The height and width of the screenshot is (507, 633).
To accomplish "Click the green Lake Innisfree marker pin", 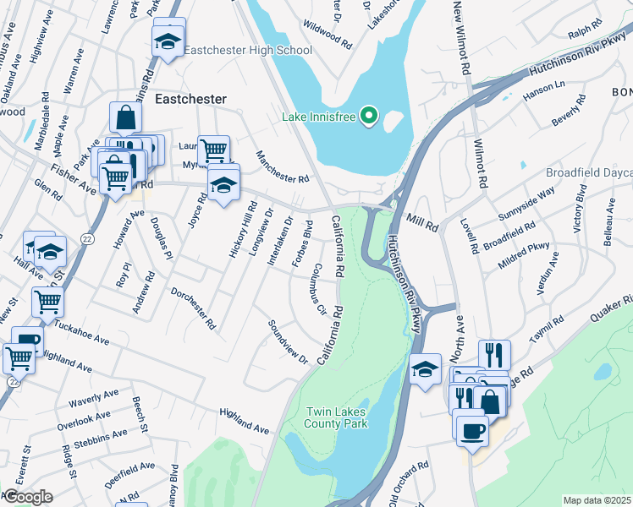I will click(x=368, y=116).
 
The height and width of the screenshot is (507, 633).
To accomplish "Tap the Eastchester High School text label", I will click(x=248, y=51).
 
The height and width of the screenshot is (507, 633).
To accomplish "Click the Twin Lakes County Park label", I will click(x=337, y=417).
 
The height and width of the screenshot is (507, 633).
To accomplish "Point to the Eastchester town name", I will click(x=190, y=99).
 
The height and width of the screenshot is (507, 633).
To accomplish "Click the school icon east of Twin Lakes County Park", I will click(x=426, y=368).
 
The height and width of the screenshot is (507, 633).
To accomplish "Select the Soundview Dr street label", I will click(x=288, y=342).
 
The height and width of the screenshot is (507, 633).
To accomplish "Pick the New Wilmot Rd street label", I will click(x=462, y=37).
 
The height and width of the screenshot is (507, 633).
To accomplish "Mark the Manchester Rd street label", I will click(x=283, y=167).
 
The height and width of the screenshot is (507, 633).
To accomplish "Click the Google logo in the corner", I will click(x=27, y=497).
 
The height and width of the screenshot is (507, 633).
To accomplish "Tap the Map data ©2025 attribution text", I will click(x=597, y=500).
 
